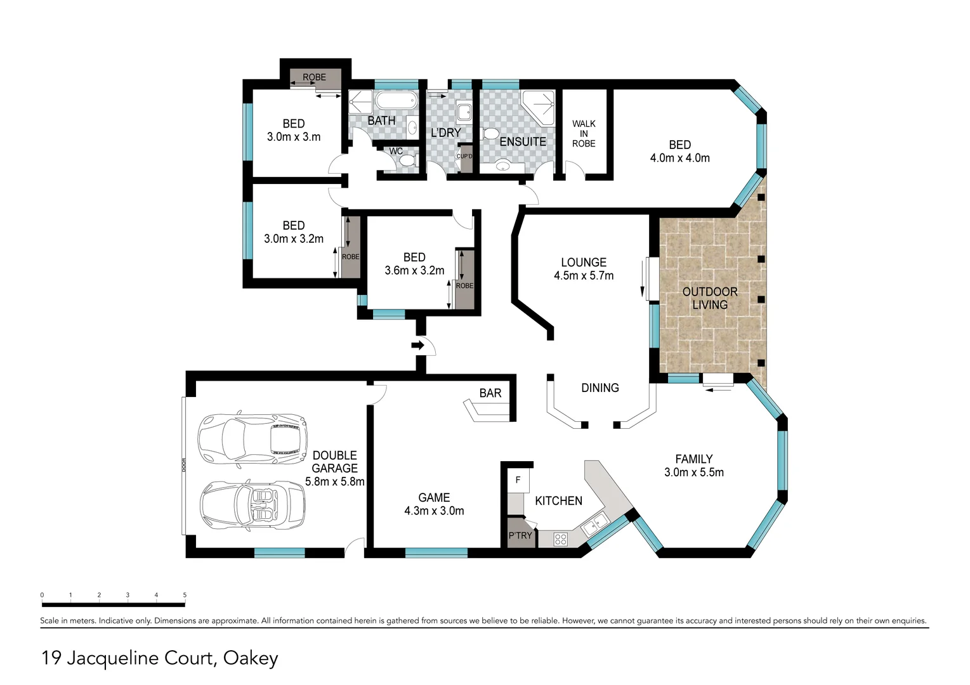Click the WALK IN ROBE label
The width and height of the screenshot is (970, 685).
coord(583,133)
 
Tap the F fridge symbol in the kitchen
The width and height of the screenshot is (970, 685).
coord(518,480)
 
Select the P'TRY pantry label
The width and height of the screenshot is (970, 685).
coord(520,535)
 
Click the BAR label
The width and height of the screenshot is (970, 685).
coord(490,393)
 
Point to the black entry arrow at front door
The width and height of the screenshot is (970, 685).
coord(417,346)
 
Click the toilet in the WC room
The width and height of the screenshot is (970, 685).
coord(408,160)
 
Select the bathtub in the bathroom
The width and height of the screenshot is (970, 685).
coord(396,100)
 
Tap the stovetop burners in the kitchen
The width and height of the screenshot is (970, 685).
coord(560,540)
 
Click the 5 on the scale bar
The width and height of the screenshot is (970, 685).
coord(185,595)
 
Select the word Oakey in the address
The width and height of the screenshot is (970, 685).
coord(251,658)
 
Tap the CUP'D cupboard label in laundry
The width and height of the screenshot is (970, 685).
coord(464,156)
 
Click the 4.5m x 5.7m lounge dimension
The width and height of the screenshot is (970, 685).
coord(583,275)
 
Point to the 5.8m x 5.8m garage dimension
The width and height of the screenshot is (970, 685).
coord(335,481)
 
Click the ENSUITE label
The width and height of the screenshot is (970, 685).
coord(523,142)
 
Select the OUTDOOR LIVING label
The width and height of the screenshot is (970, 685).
coord(710,298)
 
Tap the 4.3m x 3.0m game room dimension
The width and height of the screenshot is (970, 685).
coord(434,511)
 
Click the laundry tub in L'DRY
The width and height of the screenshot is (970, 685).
coord(464,112)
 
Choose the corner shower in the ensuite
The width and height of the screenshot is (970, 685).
coord(538,107)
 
